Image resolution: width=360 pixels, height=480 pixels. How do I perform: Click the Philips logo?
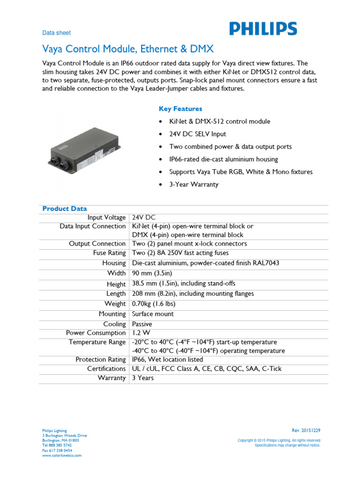click(x=263, y=29)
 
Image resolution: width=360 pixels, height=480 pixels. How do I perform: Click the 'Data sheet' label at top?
click(x=56, y=33)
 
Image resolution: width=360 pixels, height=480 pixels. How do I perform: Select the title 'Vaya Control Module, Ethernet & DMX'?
click(x=128, y=49)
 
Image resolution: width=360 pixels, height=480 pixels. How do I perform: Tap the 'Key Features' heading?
click(x=180, y=109)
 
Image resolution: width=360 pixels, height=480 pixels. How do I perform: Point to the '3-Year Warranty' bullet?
click(x=194, y=184)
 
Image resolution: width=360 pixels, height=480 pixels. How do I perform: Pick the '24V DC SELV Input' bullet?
click(x=197, y=134)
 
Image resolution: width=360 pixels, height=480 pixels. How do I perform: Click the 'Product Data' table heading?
click(x=65, y=209)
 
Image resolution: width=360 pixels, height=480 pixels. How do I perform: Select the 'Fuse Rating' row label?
click(x=109, y=253)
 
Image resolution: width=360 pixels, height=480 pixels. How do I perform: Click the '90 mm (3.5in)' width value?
click(x=155, y=273)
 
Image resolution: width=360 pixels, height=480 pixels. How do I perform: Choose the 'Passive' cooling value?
click(x=142, y=324)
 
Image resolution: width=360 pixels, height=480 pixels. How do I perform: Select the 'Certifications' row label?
click(x=106, y=369)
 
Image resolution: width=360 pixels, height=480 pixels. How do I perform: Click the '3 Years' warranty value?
click(x=142, y=378)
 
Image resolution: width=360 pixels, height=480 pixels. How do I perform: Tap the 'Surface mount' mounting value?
click(x=153, y=314)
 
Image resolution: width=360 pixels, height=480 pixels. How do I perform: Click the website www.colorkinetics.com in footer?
click(x=62, y=455)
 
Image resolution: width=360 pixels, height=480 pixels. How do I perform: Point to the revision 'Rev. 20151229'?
click(x=306, y=430)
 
